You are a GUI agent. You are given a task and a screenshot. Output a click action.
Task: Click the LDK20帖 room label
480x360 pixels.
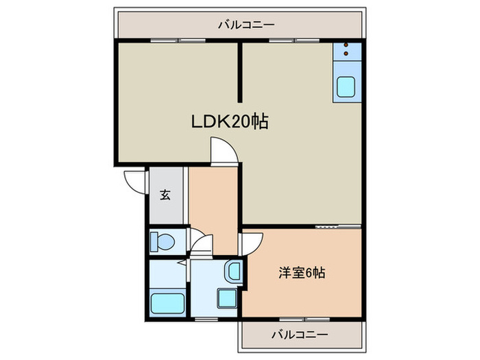229,123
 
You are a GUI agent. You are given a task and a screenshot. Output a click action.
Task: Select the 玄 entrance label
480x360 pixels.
165,195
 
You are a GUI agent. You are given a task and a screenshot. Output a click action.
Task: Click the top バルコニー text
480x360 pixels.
246,25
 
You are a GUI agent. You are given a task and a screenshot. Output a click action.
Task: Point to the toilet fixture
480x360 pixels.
163,241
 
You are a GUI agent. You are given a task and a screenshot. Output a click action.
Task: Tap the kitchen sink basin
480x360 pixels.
346,88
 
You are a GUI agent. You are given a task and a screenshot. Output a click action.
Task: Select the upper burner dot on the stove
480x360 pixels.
346,45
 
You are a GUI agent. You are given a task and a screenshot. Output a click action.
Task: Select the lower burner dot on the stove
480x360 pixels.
346,53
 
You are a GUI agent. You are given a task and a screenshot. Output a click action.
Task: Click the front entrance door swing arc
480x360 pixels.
134,180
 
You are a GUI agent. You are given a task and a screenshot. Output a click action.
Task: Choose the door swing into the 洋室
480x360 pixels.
251,243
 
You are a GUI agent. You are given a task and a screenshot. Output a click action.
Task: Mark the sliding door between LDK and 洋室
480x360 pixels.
337,226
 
